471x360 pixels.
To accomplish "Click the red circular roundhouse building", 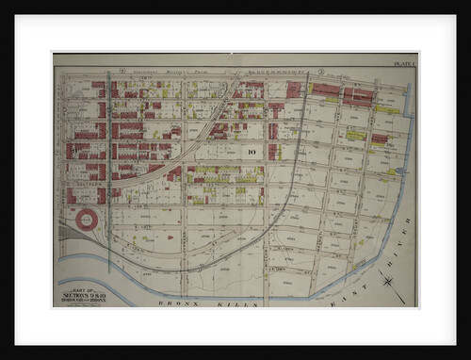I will tap(87, 221).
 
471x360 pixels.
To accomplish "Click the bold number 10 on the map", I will tap(252, 150).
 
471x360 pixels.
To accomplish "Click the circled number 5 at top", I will tap(320, 71).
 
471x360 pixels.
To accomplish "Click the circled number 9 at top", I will tap(122, 71).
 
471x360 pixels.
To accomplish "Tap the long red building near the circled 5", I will tap(326, 90).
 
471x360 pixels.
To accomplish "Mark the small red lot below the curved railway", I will tap(174, 174).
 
